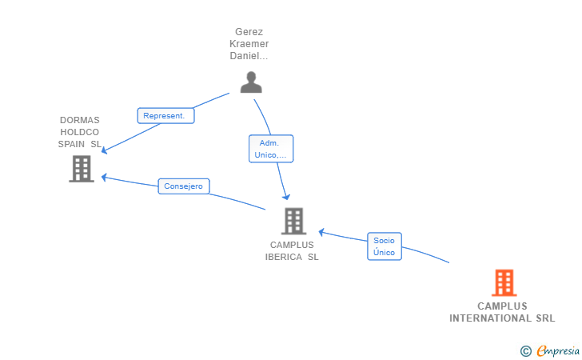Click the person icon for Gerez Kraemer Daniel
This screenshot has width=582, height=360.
(x=251, y=82)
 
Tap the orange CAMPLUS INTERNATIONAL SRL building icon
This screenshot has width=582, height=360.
(x=504, y=282)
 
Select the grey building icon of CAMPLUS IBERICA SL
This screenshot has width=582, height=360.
(x=293, y=221)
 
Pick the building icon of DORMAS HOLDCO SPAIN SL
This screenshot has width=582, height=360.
(x=82, y=169)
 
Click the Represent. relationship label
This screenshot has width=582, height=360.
(x=165, y=115)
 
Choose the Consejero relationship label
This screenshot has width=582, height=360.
(x=184, y=186)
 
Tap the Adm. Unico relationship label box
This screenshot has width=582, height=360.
(x=271, y=149)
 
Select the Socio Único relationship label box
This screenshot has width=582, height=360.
(x=385, y=246)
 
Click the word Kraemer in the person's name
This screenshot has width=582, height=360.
(x=249, y=44)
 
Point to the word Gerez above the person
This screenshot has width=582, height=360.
(x=249, y=32)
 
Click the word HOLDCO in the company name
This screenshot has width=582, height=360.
(x=79, y=132)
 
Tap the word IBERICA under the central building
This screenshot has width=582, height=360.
(x=284, y=257)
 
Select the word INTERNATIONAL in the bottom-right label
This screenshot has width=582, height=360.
(x=490, y=318)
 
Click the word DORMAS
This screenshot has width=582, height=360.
(x=80, y=120)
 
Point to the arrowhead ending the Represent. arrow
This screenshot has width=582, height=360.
(x=104, y=150)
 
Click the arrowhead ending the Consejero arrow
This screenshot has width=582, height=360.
(x=104, y=178)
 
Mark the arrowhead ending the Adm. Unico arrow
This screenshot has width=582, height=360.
(x=286, y=197)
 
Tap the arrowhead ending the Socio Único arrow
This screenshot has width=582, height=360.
(x=322, y=232)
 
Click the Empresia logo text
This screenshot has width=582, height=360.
(x=558, y=350)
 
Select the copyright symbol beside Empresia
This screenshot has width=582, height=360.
(x=526, y=351)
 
